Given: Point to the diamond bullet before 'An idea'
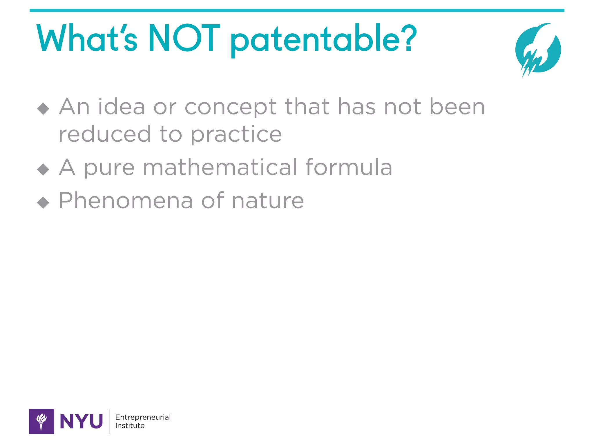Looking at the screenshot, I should tap(43, 109).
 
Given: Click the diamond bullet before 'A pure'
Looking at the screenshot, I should tap(43, 169).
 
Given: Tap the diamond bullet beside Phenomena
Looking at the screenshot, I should tap(43, 203).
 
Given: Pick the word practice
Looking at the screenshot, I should tap(236, 135).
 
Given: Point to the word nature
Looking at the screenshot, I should tap(268, 201).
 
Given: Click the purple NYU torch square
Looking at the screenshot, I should tap(41, 421).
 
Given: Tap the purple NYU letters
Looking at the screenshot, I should tap(81, 421).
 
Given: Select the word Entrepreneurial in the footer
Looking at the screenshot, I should tap(143, 417).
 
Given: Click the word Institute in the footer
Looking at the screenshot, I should tap(130, 426).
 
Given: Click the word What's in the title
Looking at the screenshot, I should tap(87, 39).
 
